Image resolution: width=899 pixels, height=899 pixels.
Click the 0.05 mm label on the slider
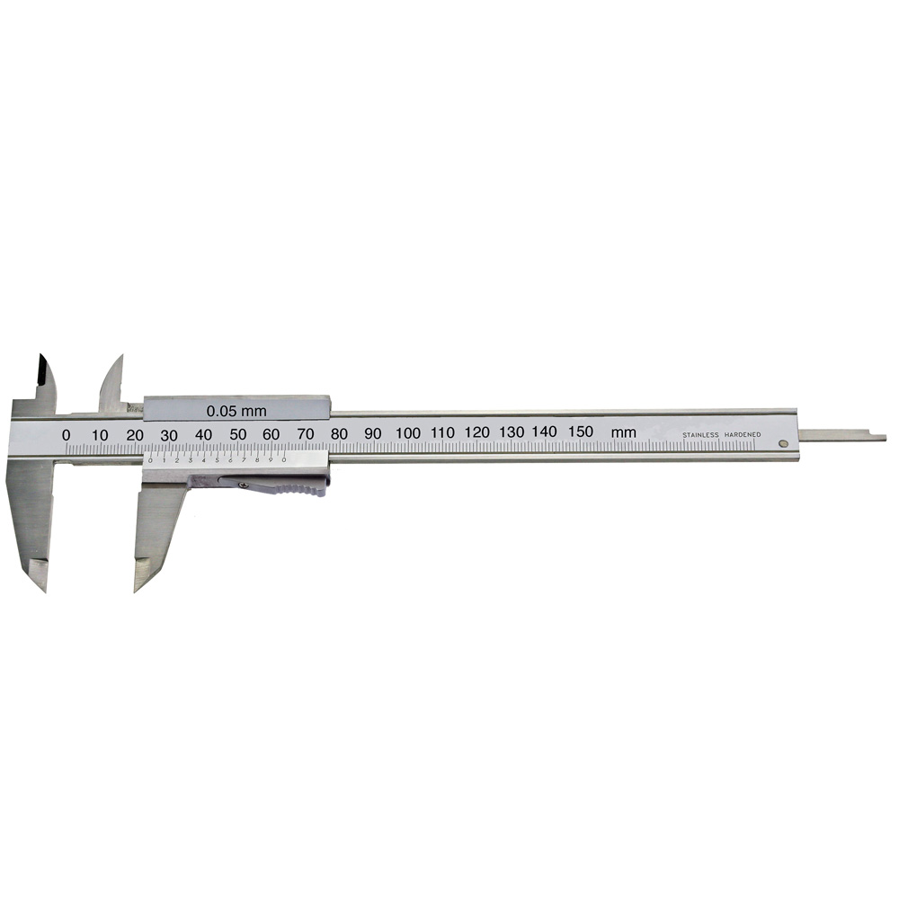coord(236,411)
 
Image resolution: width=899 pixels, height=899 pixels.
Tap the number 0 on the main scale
coord(66,434)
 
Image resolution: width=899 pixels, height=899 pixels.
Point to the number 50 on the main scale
coord(237,433)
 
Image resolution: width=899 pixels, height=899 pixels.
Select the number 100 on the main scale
coord(407,432)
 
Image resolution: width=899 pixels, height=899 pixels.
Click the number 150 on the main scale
coord(580,432)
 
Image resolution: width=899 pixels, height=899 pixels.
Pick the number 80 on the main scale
coord(339,433)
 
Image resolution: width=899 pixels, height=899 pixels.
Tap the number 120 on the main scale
coord(476,432)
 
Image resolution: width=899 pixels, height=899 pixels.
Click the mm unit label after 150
coord(623,432)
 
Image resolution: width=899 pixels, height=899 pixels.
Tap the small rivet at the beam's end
coord(784,442)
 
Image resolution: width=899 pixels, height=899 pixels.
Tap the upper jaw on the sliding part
coord(112,378)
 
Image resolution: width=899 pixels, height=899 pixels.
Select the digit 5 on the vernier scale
coord(217,460)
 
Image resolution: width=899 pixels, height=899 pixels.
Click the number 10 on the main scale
coord(100,434)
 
